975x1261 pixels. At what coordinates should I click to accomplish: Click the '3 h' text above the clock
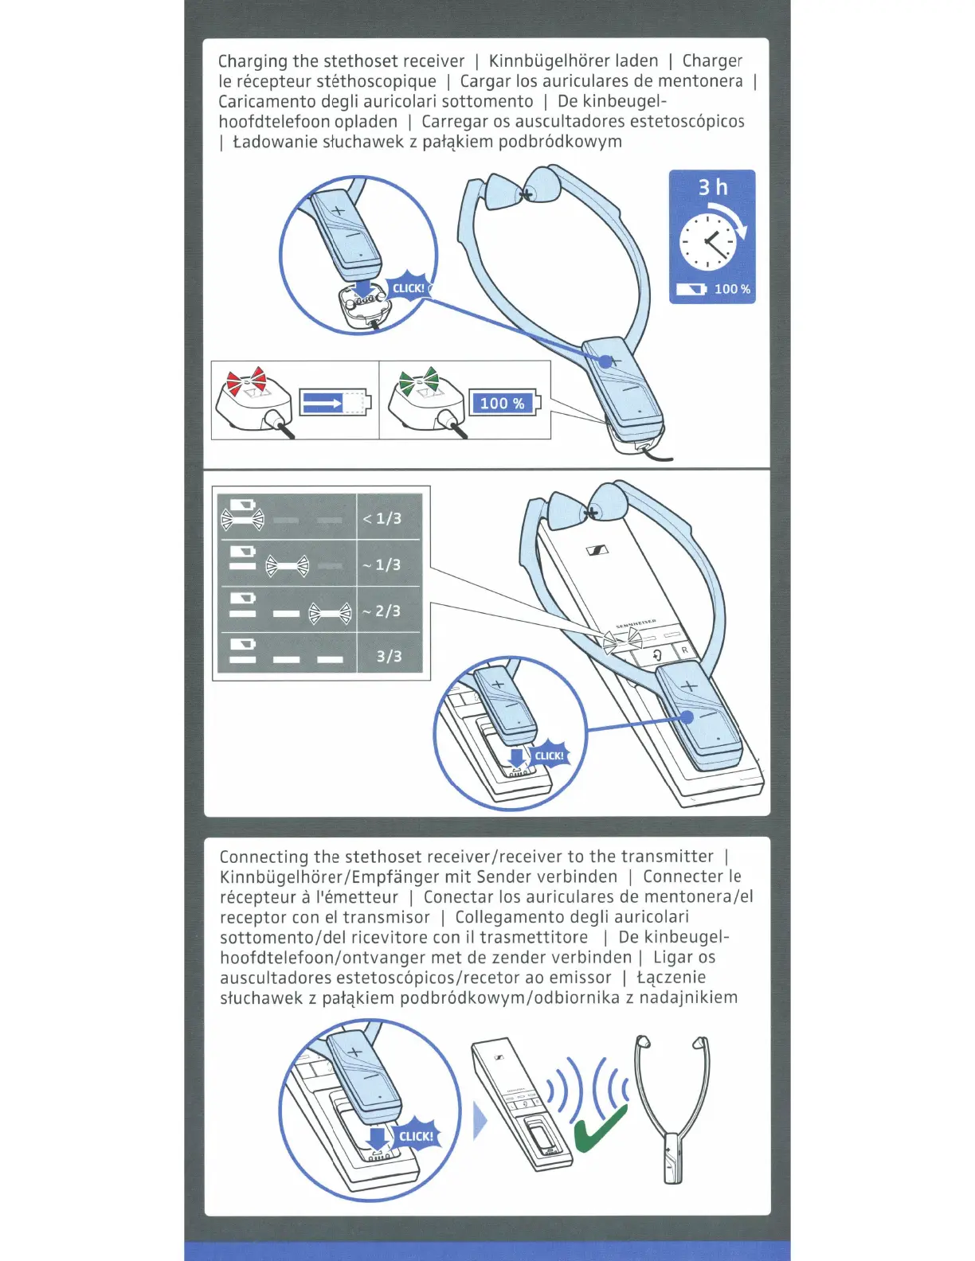tap(713, 187)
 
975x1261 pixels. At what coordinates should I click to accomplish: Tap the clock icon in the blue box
tap(707, 241)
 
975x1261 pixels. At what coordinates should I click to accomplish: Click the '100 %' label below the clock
tap(732, 289)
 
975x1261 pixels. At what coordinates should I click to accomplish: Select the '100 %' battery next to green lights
tap(503, 403)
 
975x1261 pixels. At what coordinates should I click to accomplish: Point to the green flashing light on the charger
tap(419, 381)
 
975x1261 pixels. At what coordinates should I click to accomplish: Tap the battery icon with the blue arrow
tap(335, 403)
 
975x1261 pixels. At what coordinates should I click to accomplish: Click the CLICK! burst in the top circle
tap(409, 288)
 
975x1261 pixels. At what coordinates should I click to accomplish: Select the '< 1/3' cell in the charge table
tap(388, 518)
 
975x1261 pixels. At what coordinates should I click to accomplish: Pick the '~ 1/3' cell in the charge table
tap(388, 564)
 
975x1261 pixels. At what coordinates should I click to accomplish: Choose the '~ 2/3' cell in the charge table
tap(388, 611)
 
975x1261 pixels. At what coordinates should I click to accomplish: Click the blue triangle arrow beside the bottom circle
tap(480, 1122)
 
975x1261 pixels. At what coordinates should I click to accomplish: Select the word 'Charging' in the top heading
tap(253, 61)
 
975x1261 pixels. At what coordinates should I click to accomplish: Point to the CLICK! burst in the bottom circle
tap(416, 1136)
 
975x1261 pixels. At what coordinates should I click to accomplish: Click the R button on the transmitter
tap(684, 650)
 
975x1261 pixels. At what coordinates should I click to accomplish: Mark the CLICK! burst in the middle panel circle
tap(549, 755)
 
